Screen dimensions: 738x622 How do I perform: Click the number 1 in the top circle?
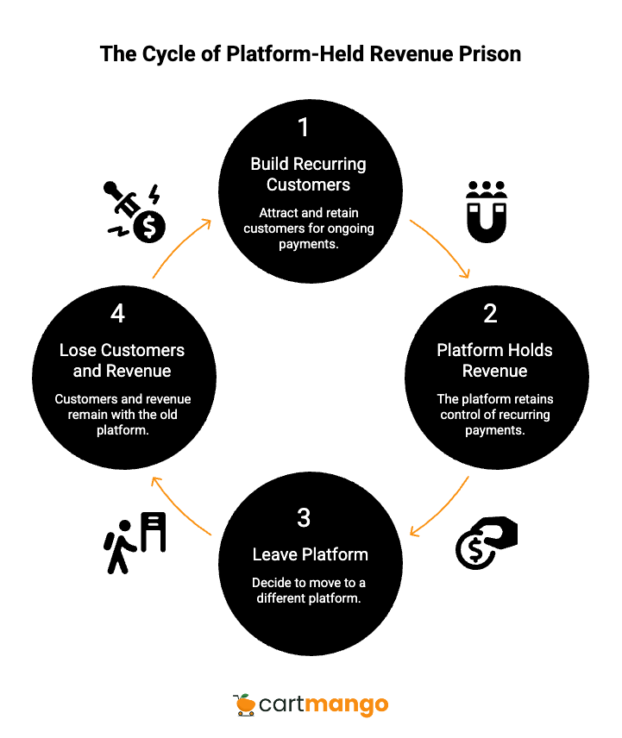303,128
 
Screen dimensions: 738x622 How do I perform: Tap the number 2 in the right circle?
490,314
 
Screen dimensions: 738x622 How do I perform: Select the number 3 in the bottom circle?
304,518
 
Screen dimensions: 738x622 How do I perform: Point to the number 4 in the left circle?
117,314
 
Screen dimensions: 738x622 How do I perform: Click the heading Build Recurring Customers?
308,174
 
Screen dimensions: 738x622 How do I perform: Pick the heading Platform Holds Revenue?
494,360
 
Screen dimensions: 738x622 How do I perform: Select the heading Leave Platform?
310,554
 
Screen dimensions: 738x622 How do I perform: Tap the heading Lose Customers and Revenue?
122,360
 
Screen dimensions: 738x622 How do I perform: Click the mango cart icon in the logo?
245,704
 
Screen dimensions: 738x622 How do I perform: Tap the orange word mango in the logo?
348,705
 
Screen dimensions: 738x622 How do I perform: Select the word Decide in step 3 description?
271,583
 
